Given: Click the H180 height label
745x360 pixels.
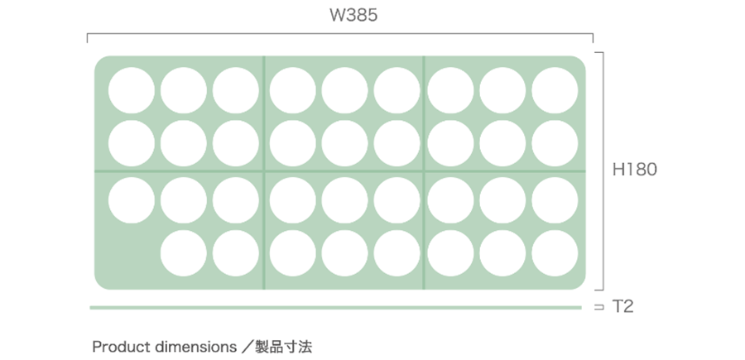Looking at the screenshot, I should [635, 170].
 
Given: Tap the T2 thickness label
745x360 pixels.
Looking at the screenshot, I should [623, 307].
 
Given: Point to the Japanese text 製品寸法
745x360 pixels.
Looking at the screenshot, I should [284, 346].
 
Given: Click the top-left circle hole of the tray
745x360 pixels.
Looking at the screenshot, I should [131, 90].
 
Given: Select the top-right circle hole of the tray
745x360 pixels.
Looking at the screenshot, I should [555, 90].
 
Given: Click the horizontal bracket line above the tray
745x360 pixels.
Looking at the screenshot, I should [339, 35].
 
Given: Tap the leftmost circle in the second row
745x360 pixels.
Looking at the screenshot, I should [131, 143].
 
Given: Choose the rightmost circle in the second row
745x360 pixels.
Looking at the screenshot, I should [555, 143].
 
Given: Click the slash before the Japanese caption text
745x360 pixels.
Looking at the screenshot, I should [250, 346].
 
